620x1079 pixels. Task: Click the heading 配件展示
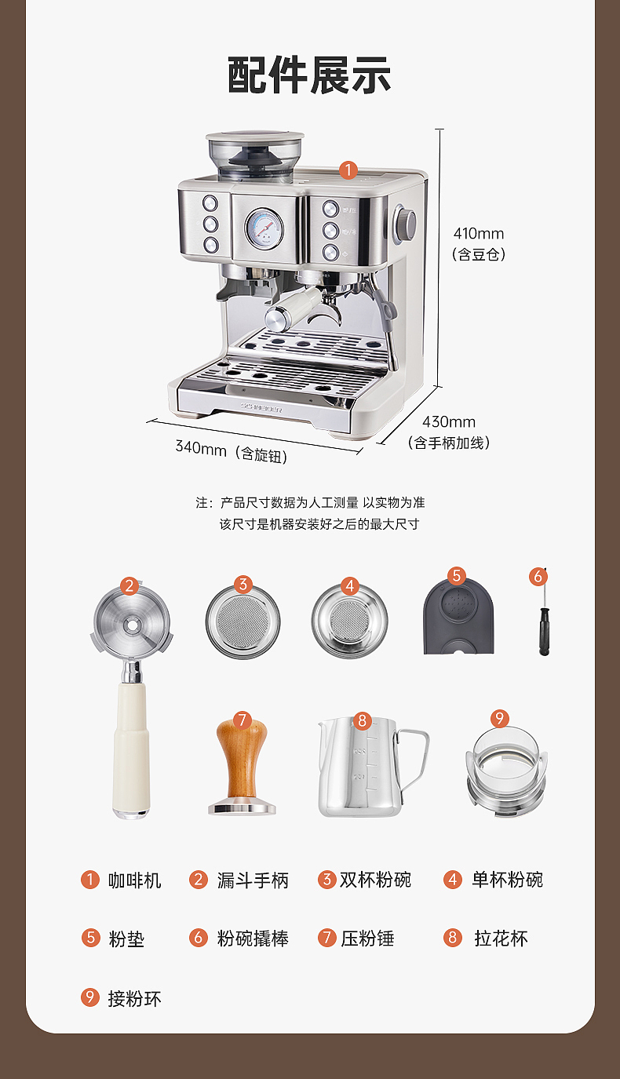point(309,76)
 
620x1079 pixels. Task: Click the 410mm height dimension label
point(478,234)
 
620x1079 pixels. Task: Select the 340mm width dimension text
point(201,447)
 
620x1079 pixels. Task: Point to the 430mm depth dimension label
point(449,423)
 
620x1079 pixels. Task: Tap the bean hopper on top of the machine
point(255,153)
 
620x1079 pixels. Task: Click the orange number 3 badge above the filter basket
point(243,584)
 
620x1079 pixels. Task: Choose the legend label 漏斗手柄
point(253,880)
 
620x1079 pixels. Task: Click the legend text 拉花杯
point(501,939)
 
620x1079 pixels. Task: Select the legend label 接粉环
point(134,998)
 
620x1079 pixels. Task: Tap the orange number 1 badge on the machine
point(348,170)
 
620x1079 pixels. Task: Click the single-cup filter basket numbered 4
point(350,620)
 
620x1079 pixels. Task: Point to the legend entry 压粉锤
point(367,939)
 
